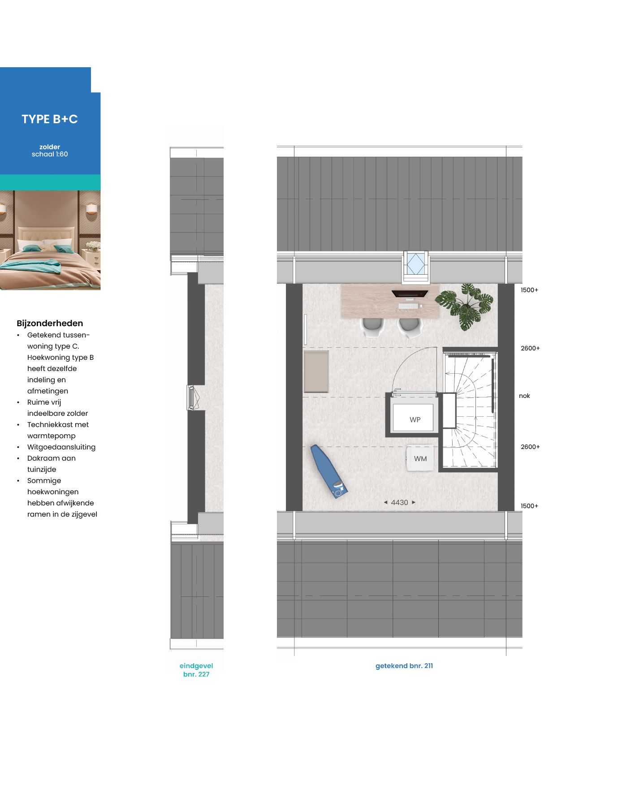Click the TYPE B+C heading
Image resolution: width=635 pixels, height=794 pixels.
(x=50, y=119)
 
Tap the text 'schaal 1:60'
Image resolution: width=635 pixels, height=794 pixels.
(x=50, y=154)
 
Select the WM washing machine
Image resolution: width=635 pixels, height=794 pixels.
(x=420, y=458)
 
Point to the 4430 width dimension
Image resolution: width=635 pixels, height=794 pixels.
(x=399, y=502)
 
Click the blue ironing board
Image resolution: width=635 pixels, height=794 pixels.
(x=329, y=471)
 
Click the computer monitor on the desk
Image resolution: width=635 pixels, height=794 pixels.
(x=410, y=294)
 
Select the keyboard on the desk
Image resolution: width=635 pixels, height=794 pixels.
(x=408, y=306)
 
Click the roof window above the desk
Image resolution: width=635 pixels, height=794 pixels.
(x=415, y=265)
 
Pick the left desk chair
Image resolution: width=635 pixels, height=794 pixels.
(x=371, y=327)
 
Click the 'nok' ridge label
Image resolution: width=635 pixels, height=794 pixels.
(x=524, y=396)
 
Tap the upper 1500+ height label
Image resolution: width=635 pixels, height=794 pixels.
(x=529, y=290)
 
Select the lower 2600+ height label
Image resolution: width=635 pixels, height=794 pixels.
(x=530, y=447)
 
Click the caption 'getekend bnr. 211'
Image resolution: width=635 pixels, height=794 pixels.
(x=404, y=666)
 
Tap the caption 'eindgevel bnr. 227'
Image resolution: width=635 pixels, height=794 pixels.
(x=196, y=670)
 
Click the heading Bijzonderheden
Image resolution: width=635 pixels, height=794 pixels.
(x=50, y=324)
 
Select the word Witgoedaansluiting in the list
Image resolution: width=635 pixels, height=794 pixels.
(x=61, y=447)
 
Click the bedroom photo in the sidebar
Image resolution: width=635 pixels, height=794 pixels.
(x=50, y=240)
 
